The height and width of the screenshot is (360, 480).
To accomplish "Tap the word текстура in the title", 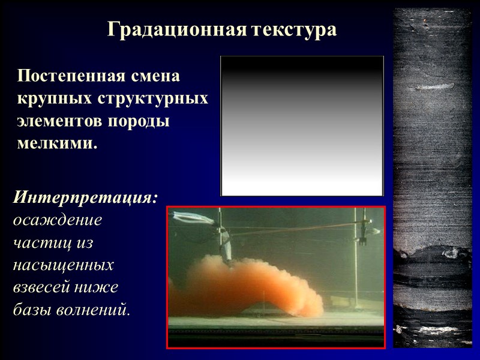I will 292,29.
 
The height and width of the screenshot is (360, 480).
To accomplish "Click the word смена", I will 161,77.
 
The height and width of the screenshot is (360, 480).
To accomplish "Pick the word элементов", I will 59,121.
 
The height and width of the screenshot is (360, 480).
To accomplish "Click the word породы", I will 139,121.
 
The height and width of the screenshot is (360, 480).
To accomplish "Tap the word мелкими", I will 57,143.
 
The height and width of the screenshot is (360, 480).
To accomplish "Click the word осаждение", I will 58,220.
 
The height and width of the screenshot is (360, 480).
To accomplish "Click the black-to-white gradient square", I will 302,126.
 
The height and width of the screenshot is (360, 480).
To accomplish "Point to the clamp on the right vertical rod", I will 362,233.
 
